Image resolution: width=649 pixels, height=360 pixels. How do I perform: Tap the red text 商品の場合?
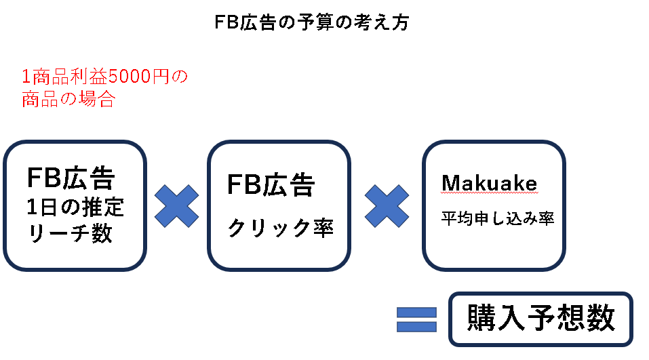[x=68, y=100]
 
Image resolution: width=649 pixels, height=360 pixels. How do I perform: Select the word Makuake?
[x=488, y=183]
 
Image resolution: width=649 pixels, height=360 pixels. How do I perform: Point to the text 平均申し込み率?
[x=498, y=218]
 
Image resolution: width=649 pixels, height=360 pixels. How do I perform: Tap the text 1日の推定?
[x=75, y=206]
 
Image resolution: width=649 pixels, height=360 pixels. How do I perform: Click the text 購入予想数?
[x=540, y=317]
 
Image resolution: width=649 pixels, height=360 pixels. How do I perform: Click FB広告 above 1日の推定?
[x=71, y=178]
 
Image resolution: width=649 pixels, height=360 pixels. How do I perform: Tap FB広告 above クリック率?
[x=271, y=184]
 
